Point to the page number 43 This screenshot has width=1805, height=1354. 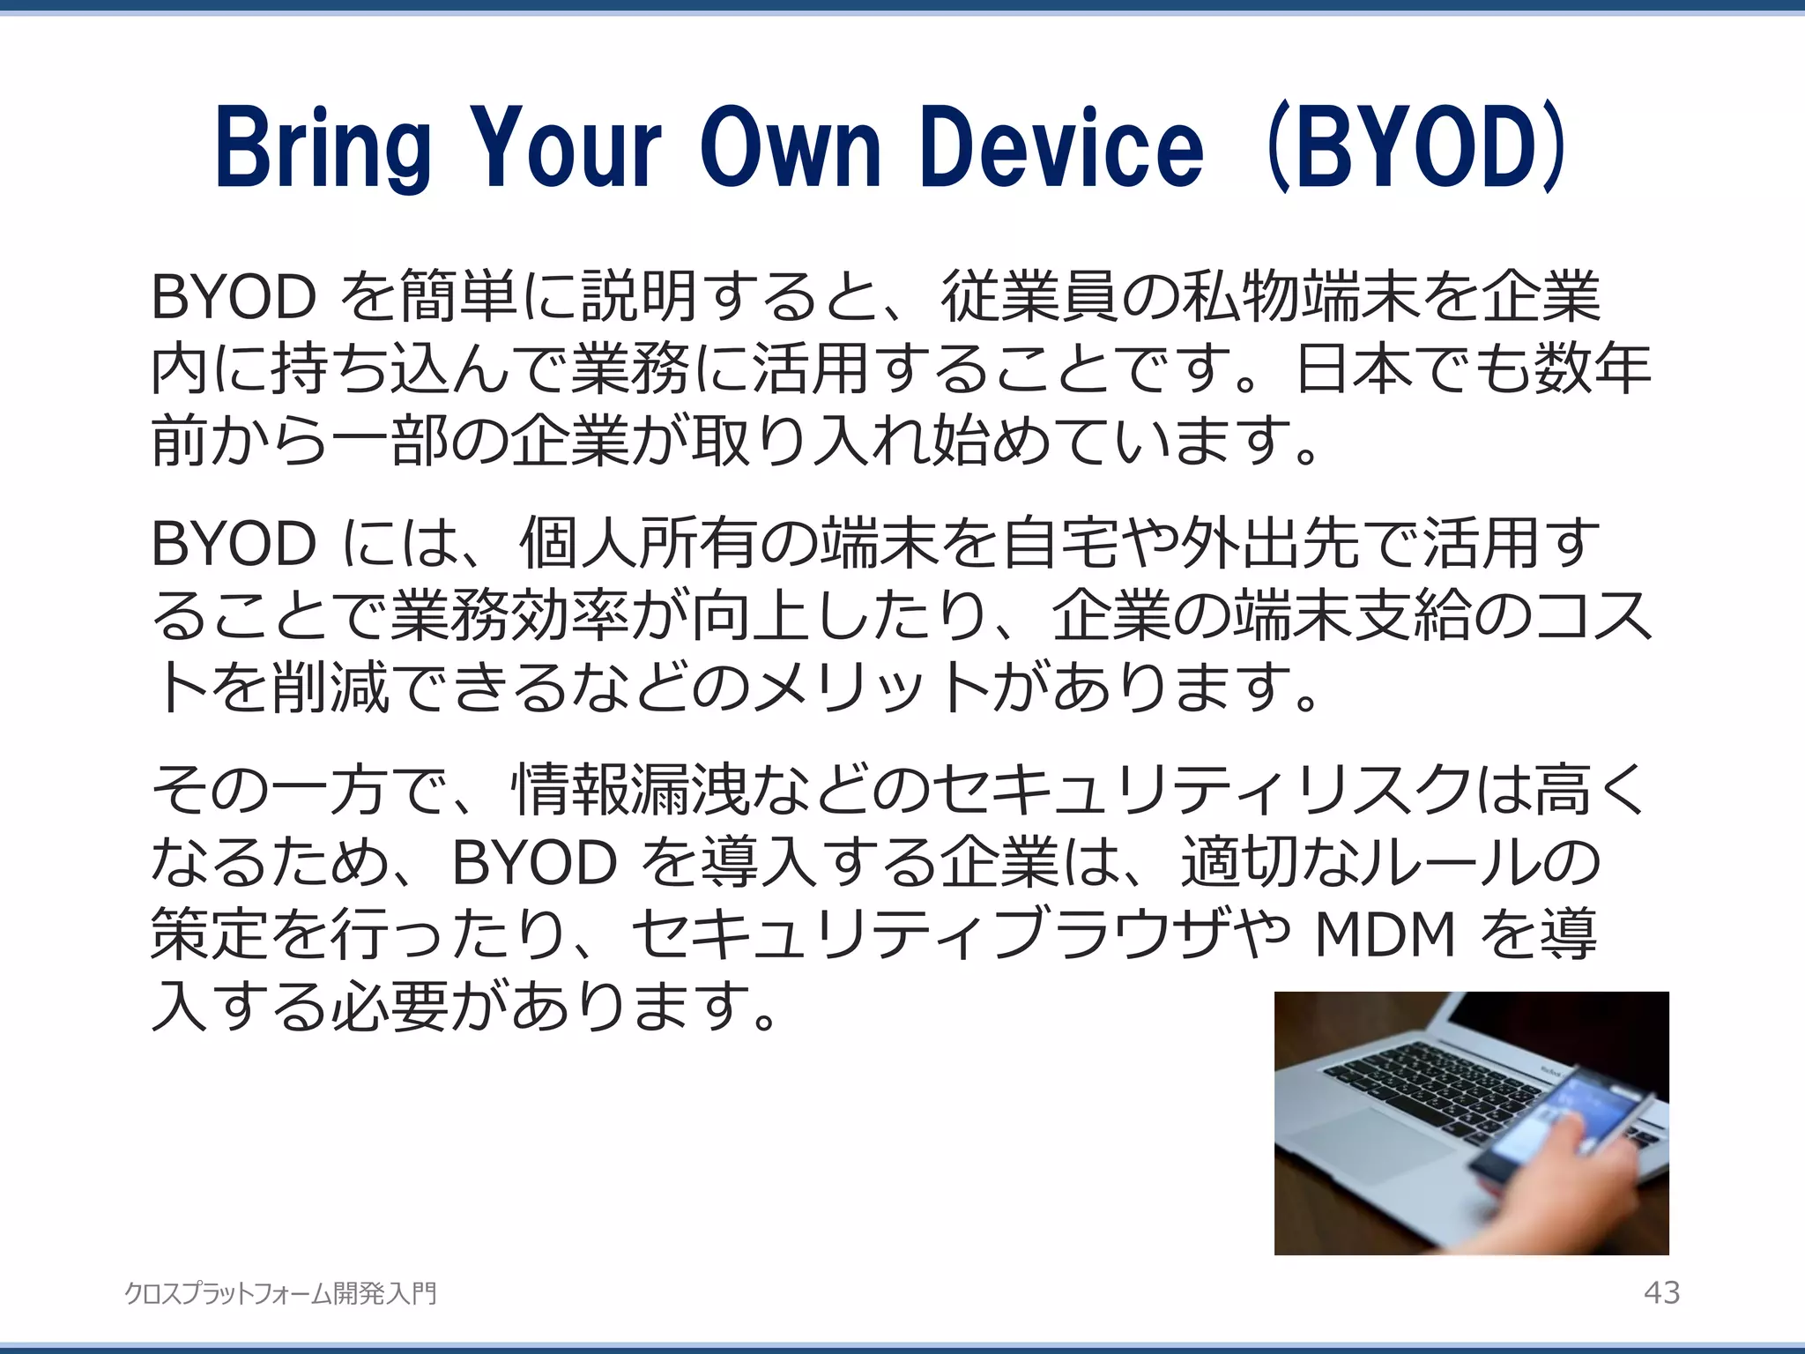point(1661,1292)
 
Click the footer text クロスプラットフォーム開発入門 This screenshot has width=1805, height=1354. point(280,1293)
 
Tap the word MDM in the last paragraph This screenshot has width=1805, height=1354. point(1385,934)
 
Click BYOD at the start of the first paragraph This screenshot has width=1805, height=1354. point(234,297)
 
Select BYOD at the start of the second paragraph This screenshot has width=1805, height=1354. point(234,543)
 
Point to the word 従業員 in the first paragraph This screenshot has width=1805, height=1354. point(1029,297)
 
